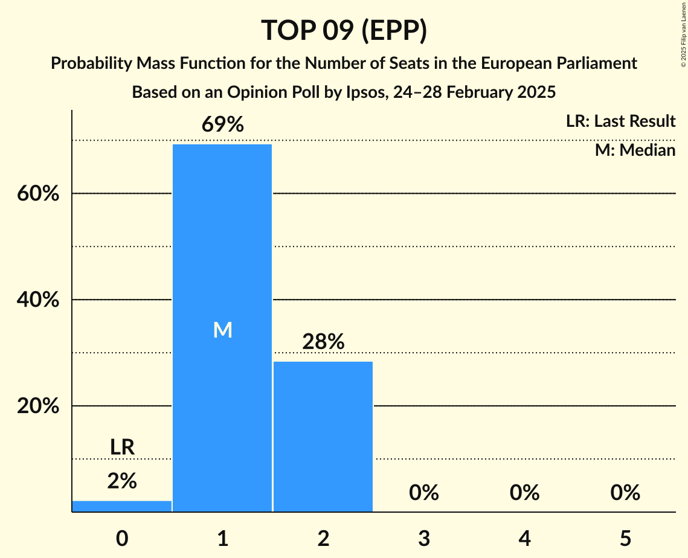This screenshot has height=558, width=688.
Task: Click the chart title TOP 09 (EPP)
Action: [344, 30]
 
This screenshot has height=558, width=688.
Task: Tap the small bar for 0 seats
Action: [122, 506]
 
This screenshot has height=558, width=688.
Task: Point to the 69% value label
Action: [222, 125]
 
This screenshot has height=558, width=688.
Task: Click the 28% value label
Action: [323, 342]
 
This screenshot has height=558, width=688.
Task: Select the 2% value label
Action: [122, 481]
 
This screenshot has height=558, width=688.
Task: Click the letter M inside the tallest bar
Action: [222, 330]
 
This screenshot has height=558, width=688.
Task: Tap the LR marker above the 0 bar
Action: [122, 447]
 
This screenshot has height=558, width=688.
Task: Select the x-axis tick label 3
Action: [423, 538]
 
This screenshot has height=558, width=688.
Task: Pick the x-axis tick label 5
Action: [625, 538]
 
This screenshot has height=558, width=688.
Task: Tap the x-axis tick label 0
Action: [122, 538]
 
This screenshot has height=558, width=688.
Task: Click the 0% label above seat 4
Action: [524, 493]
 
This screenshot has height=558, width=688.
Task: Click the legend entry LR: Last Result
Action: [620, 121]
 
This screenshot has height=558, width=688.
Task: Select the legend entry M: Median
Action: [635, 150]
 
